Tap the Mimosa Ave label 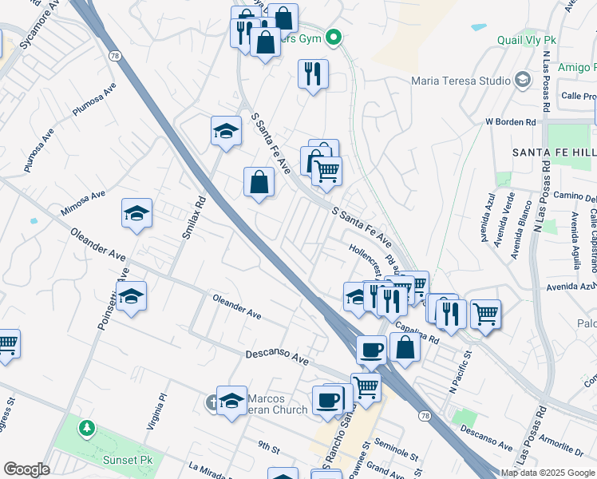(83, 204)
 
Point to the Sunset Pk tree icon (86, 429)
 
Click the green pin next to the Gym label (336, 37)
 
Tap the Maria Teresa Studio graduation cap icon (522, 79)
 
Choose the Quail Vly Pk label (525, 40)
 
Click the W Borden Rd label (511, 122)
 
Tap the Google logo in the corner (26, 469)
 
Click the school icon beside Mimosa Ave (137, 214)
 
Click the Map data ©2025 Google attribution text (547, 473)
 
